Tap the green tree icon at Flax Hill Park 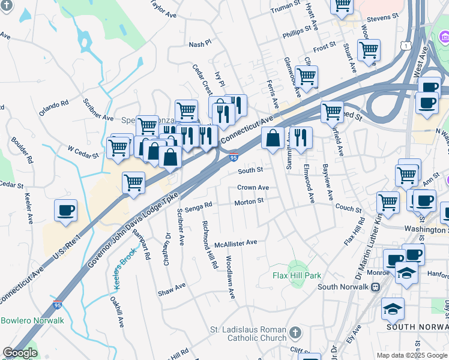click(294, 265)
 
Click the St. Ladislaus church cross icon click(295, 332)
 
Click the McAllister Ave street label click(236, 244)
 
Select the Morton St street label click(249, 202)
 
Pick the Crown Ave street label click(253, 188)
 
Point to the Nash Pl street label click(200, 44)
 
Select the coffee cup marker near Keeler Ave click(65, 211)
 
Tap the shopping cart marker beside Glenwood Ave click(306, 77)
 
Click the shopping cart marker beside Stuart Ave click(368, 50)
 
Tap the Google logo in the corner click(20, 353)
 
